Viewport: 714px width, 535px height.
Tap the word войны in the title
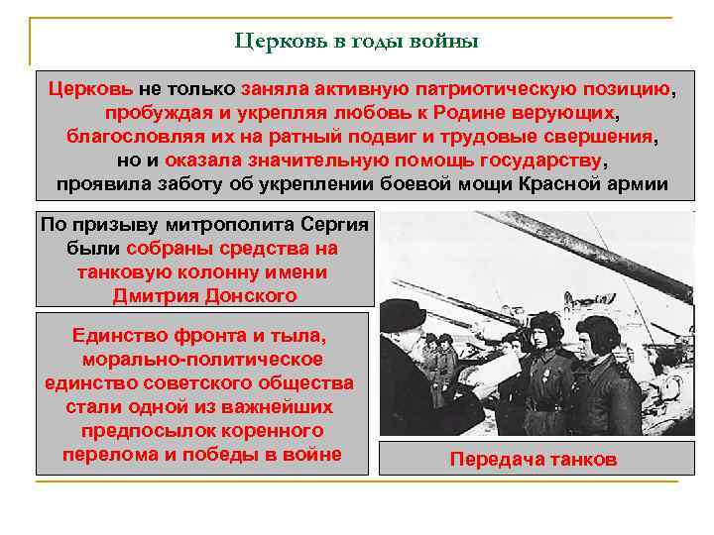pos(444,42)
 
